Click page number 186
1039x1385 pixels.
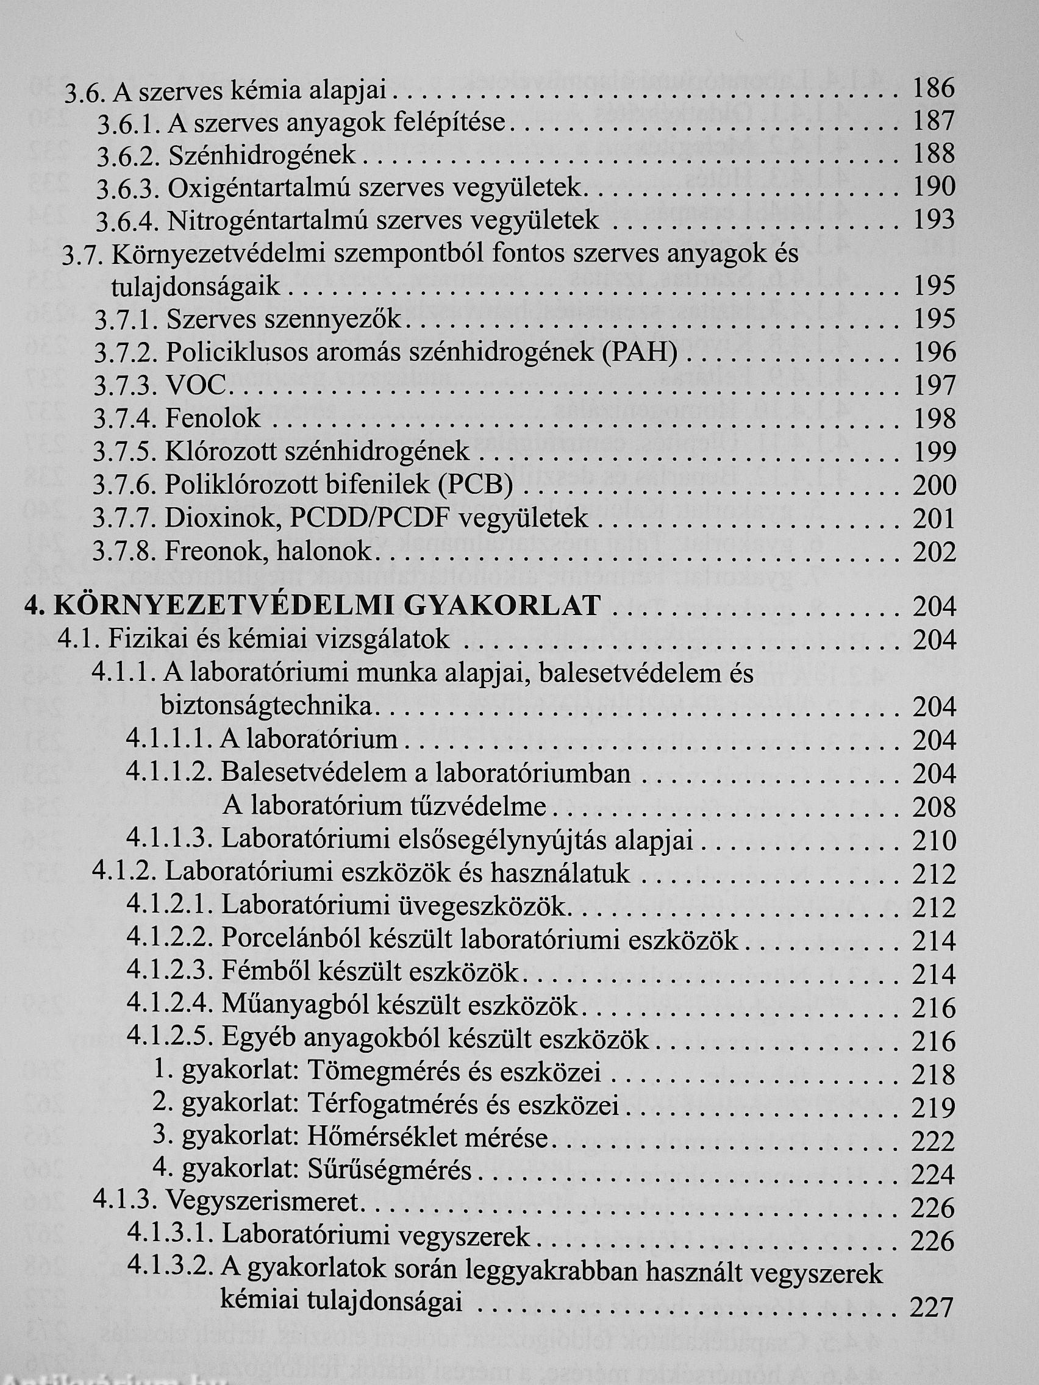point(933,88)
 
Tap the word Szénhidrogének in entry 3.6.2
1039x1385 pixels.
point(262,155)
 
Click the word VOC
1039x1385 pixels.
point(195,386)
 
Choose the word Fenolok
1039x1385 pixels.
point(213,419)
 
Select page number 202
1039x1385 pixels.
point(934,552)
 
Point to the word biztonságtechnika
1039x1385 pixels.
point(266,707)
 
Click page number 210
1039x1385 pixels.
point(934,840)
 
